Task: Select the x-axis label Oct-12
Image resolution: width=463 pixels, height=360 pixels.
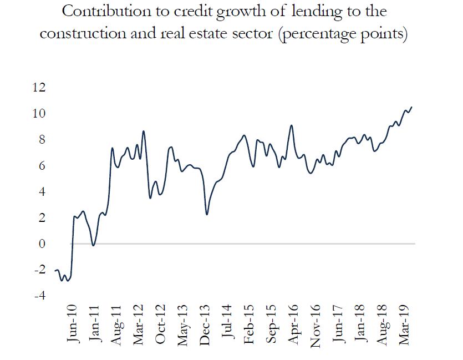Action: tap(161, 324)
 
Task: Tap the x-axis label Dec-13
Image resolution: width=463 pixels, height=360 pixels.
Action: tap(205, 324)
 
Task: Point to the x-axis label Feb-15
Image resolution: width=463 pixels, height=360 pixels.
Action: tap(249, 324)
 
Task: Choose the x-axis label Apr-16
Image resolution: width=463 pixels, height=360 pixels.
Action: tap(293, 324)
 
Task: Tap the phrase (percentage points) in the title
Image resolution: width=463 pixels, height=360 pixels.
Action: tap(344, 34)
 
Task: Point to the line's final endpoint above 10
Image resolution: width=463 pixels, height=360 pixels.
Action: tap(411, 107)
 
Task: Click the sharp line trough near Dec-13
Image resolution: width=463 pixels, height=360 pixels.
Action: tap(207, 214)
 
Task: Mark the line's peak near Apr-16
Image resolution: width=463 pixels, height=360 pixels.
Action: tap(292, 125)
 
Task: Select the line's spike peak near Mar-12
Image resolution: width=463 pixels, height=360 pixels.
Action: tap(144, 131)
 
